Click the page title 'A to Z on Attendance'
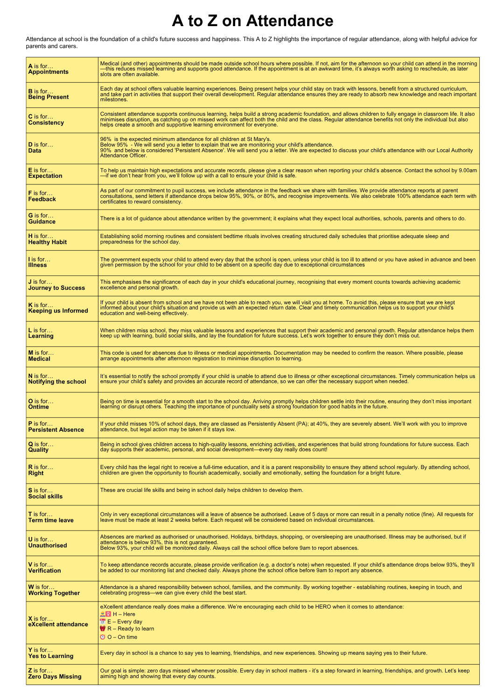tap(252, 21)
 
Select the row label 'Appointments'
tap(48, 72)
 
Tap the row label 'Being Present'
tap(48, 97)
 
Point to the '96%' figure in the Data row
tap(105, 139)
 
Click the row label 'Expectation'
tap(45, 176)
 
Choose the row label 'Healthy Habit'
tap(47, 242)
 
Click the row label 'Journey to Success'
tap(56, 288)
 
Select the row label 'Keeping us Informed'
tap(58, 311)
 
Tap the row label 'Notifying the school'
tap(57, 382)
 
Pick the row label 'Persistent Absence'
tap(56, 430)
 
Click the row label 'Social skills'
tap(45, 497)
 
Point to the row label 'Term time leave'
tap(51, 520)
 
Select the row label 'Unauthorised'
tap(48, 546)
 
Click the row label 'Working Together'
tap(54, 593)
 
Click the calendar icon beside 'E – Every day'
tap(103, 622)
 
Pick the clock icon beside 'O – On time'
tap(103, 637)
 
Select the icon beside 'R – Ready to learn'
tap(103, 629)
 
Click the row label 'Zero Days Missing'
tap(55, 677)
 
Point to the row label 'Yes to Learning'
tap(50, 656)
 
